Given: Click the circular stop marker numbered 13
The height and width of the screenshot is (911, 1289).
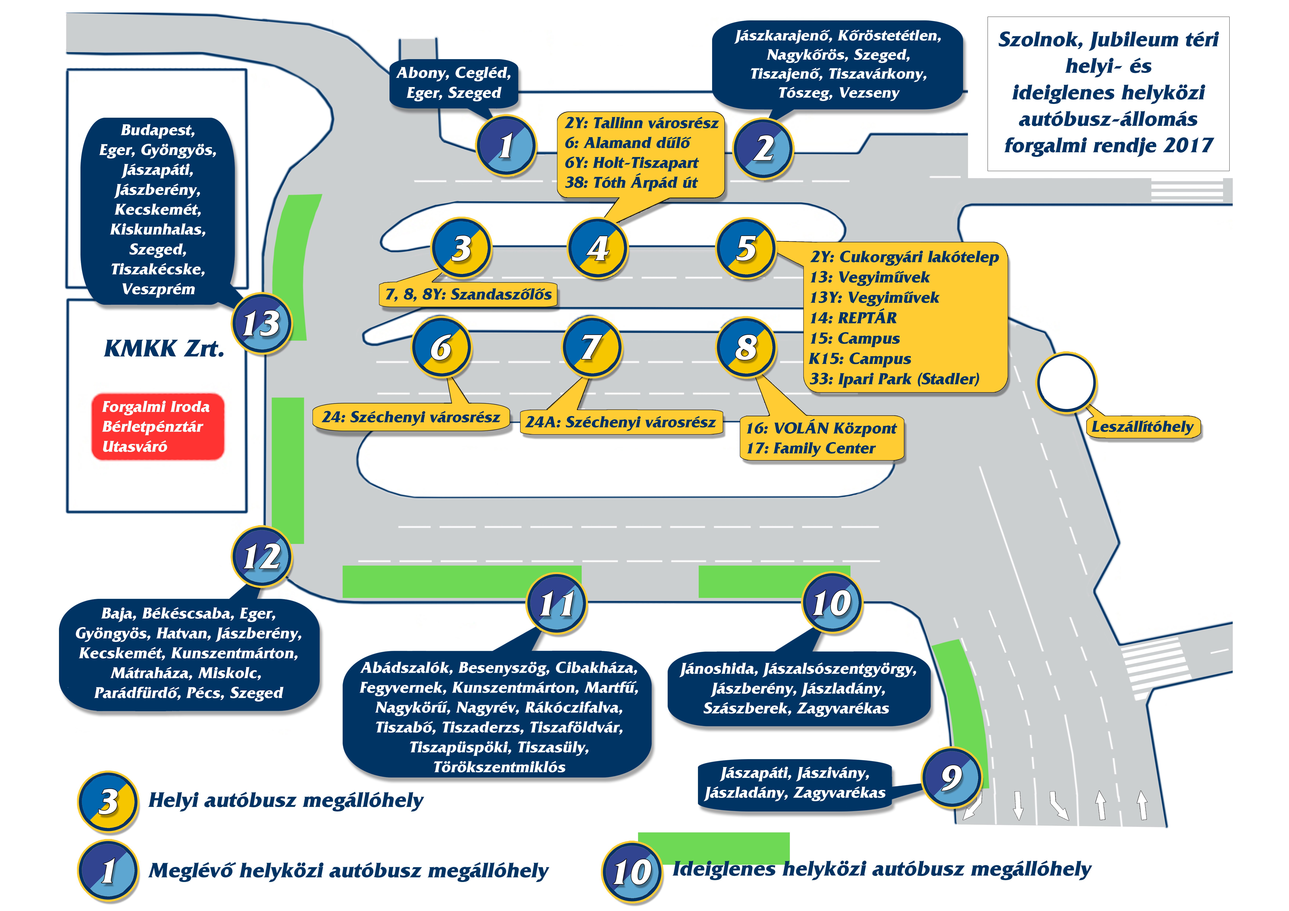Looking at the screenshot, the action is point(262,324).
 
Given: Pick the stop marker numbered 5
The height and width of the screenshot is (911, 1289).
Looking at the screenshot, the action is point(746,248).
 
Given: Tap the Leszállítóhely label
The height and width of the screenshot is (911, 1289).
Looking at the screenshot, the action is point(1142,427).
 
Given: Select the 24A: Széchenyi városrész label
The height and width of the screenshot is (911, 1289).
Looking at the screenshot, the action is point(621,422).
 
